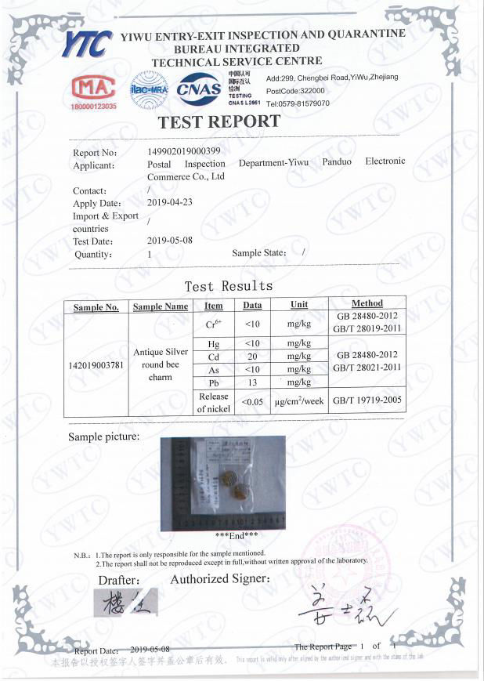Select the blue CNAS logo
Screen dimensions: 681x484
(x=199, y=88)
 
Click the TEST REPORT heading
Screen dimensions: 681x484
(x=219, y=122)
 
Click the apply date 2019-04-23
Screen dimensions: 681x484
(x=170, y=202)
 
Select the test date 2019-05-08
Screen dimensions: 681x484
(x=170, y=241)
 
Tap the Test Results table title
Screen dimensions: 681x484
(x=229, y=286)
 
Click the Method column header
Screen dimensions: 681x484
(x=367, y=304)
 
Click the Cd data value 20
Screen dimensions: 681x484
(x=252, y=356)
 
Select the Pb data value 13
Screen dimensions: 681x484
(x=252, y=382)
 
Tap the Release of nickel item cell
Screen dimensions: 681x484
(x=213, y=403)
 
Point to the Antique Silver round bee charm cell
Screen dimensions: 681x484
(x=160, y=364)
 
